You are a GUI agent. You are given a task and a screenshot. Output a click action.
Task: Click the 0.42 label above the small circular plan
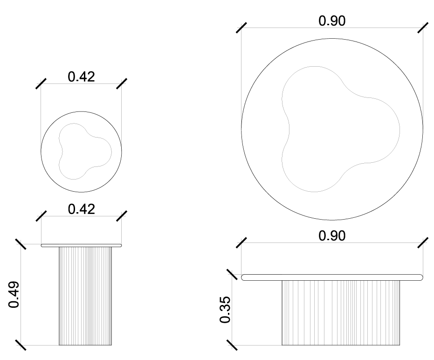point(81,76)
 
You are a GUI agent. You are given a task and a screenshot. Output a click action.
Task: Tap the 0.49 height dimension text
point(14,294)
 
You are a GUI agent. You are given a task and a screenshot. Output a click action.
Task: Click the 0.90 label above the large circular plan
point(332,21)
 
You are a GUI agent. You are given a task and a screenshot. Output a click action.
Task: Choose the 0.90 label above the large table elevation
point(332,235)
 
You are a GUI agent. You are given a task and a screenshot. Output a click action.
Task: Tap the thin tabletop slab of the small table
point(81,245)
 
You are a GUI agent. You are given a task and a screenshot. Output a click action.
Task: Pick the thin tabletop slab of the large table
point(332,277)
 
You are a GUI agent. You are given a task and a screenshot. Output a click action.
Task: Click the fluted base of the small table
point(85,296)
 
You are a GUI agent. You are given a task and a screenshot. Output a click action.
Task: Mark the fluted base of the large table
point(341,312)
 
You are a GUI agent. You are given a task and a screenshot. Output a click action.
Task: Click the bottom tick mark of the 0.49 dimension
point(21,345)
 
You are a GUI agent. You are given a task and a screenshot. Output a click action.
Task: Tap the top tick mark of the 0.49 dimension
point(21,244)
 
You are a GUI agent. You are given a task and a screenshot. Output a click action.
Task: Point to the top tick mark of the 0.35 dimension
point(232,275)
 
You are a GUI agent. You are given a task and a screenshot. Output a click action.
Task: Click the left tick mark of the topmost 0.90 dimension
point(241,28)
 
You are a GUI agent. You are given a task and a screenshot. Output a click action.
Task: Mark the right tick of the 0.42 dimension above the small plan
point(122,83)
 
